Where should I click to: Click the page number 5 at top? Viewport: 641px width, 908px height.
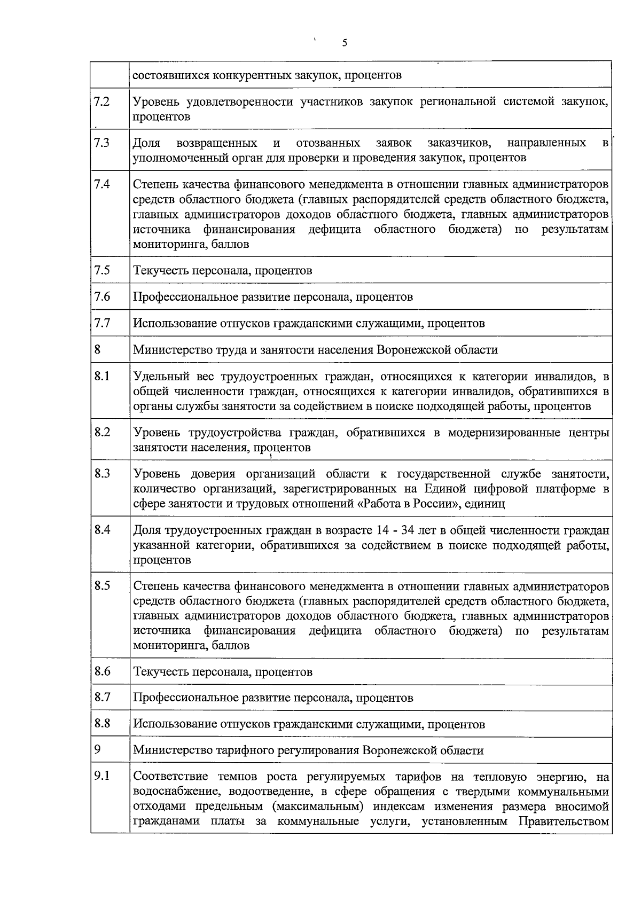345,43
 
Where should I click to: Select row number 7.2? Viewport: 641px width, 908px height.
101,101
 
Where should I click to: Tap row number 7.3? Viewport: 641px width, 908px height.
101,143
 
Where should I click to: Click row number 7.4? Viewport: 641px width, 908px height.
101,184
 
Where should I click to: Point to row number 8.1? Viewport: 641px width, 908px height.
101,376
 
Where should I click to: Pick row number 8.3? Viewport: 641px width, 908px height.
101,473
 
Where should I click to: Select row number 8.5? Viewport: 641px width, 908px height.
101,585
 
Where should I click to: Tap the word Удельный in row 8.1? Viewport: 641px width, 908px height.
157,377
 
